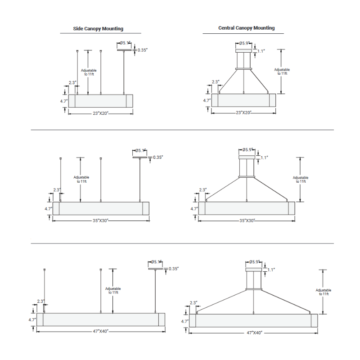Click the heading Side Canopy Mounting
tap(98, 29)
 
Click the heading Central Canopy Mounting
tap(246, 28)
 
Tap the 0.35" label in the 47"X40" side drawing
tap(174, 269)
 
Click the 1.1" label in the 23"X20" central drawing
tap(261, 51)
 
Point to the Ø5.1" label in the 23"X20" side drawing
tap(125, 43)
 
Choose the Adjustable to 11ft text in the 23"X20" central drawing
tap(282, 72)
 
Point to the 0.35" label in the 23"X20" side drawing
tap(143, 50)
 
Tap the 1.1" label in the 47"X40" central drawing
tap(271, 270)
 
